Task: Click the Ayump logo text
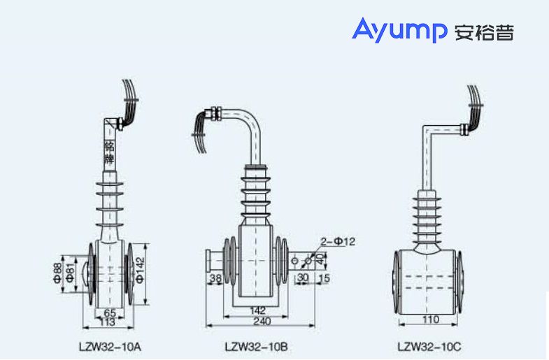pyautogui.click(x=399, y=31)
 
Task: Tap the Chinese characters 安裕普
pyautogui.click(x=484, y=33)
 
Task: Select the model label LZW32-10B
pyautogui.click(x=257, y=345)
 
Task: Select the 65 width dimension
pyautogui.click(x=110, y=312)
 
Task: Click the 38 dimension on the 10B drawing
pyautogui.click(x=215, y=278)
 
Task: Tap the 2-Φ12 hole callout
pyautogui.click(x=338, y=241)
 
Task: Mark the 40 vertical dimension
pyautogui.click(x=321, y=259)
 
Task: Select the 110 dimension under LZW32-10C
pyautogui.click(x=430, y=320)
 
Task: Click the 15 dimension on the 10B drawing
pyautogui.click(x=323, y=278)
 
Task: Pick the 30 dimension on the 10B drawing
pyautogui.click(x=303, y=278)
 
